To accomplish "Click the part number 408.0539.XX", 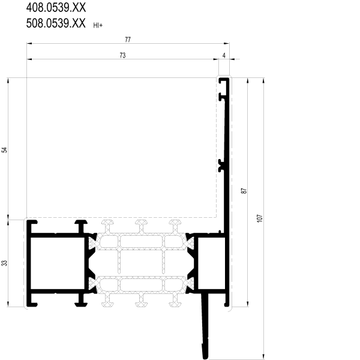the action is click(x=56, y=7).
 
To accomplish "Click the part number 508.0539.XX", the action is click(x=56, y=23).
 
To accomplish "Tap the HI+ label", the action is click(x=98, y=25).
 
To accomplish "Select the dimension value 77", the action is click(x=128, y=40).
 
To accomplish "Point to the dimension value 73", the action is click(x=122, y=55).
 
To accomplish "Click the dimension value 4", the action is click(x=224, y=55).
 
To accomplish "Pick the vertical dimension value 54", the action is click(x=5, y=150).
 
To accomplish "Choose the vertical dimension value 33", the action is click(x=5, y=263).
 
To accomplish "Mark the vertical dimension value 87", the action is click(x=244, y=191).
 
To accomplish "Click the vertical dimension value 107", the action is click(x=260, y=218).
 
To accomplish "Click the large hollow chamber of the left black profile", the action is click(x=58, y=263).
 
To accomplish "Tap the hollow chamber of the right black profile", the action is click(x=211, y=263).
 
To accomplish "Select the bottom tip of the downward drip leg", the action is click(x=205, y=358).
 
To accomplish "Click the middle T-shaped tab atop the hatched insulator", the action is click(x=141, y=226).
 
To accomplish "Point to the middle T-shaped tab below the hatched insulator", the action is click(x=141, y=301).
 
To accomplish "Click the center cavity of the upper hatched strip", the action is click(x=141, y=241).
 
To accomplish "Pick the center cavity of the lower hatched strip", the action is click(x=141, y=284).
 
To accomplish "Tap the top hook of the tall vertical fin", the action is click(x=224, y=80).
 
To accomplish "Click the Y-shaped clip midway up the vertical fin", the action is click(x=221, y=166).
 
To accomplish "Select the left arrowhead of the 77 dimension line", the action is click(x=29, y=43).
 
